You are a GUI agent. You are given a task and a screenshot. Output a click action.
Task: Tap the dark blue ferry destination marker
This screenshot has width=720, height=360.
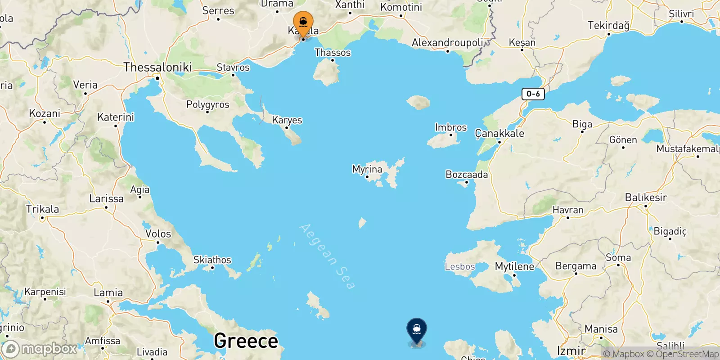pos(417,330)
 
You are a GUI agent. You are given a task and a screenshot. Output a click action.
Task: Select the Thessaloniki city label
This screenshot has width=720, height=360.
pos(157,67)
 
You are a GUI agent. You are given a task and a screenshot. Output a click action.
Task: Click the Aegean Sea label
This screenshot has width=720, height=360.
pos(327,256)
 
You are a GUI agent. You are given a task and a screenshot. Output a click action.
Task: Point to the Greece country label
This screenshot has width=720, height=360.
pos(246,341)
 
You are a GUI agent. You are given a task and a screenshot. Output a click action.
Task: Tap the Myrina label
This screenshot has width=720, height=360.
pos(367,169)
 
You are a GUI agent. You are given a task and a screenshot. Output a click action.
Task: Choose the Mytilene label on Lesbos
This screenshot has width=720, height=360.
pos(514,266)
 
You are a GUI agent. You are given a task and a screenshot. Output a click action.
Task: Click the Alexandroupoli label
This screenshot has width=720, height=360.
pos(447,43)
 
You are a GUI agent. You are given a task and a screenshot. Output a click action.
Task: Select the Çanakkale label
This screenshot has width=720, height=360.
pos(499,133)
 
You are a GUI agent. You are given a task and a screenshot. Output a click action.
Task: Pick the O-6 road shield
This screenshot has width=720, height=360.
pos(533,94)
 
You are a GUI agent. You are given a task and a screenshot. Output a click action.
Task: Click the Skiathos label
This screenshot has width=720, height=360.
pos(212,260)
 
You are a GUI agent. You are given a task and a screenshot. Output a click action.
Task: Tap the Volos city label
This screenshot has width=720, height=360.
pos(158,234)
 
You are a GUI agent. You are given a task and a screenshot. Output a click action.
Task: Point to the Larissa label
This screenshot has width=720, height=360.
pos(106,198)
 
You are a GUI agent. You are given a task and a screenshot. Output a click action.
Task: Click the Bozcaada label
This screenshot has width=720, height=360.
pos(467,174)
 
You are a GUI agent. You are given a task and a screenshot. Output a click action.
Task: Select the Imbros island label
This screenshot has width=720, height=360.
pos(451,127)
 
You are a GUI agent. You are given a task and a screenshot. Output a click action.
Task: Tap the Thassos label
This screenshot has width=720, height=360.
pos(333,53)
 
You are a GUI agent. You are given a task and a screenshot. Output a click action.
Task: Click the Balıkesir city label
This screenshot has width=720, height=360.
pos(646,197)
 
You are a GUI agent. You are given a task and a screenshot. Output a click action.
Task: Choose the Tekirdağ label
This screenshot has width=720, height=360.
pos(608,25)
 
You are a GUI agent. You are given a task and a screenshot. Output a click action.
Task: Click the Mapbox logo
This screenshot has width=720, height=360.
pos(40,349)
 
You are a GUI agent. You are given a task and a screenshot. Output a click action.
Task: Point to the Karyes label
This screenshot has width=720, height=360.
pos(287,120)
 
